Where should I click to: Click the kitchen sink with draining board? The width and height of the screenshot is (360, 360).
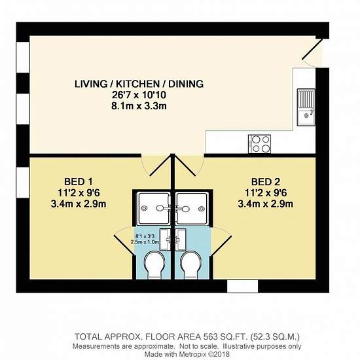tap(306, 107)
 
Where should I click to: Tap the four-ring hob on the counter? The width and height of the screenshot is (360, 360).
tap(259, 144)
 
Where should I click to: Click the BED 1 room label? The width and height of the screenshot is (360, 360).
tap(79, 182)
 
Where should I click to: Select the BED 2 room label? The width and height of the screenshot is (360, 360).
tap(266, 182)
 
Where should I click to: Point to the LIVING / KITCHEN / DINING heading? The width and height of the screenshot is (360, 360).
tap(139, 84)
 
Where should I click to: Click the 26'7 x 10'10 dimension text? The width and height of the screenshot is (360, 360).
tap(139, 95)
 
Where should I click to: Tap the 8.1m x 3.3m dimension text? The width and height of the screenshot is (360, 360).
tap(139, 106)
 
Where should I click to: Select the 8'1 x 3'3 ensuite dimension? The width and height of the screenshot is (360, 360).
tap(145, 236)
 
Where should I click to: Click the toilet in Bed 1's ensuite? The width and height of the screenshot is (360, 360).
tap(154, 264)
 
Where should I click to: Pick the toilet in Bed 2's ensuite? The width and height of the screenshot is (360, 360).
tap(191, 264)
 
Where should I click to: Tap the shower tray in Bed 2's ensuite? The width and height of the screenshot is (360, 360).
tap(192, 208)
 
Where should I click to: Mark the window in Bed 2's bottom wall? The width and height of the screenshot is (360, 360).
tap(243, 286)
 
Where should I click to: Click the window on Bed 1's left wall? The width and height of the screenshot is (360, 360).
tap(23, 183)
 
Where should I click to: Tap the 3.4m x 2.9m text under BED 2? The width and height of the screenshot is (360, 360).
tap(266, 204)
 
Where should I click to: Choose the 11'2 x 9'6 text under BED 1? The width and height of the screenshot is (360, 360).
tap(79, 193)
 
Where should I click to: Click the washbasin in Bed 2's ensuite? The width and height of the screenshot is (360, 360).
tap(181, 240)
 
